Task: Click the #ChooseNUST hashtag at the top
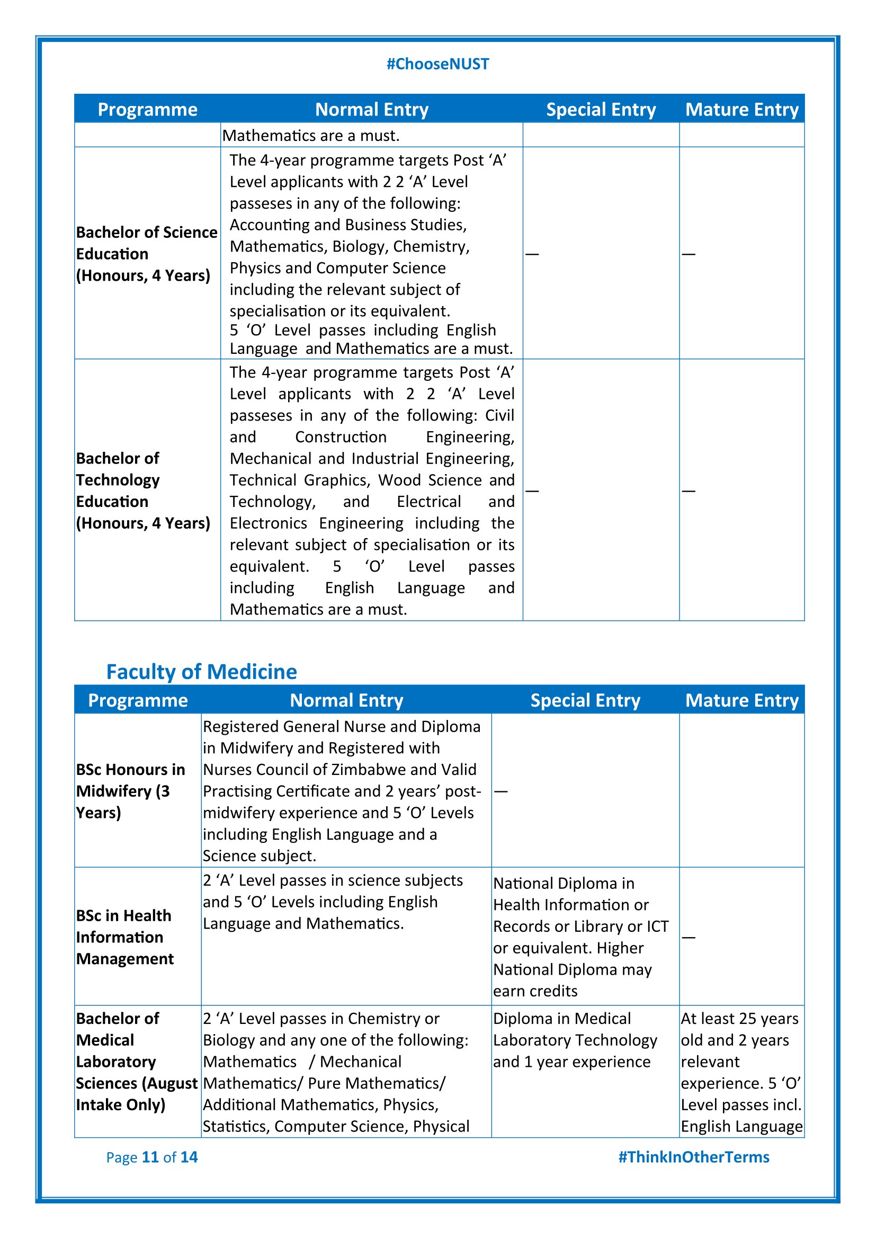[x=437, y=64]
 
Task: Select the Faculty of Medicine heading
[x=201, y=672]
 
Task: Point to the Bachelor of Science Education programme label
[x=146, y=254]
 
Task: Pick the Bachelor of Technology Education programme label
[x=142, y=491]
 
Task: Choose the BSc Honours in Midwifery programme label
[x=130, y=791]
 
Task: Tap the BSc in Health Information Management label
[x=124, y=938]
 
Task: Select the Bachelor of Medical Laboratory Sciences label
[x=137, y=1062]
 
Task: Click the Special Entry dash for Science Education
[x=532, y=254]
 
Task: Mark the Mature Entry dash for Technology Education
[x=689, y=491]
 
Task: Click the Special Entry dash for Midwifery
[x=500, y=791]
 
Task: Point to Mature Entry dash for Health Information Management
[x=689, y=938]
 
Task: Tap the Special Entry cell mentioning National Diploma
[x=580, y=938]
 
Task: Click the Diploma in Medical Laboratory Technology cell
[x=575, y=1040]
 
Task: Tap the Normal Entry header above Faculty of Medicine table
[x=346, y=700]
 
